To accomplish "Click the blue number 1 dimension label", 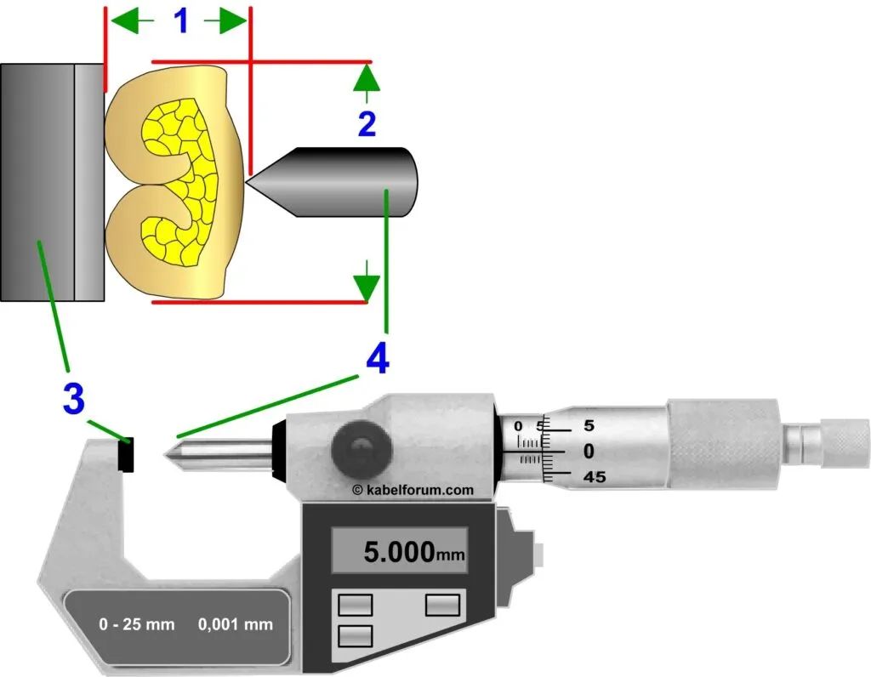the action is point(181,20).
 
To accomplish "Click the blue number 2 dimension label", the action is point(367,124).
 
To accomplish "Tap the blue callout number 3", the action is point(74,398).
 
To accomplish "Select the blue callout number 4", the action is point(378,358).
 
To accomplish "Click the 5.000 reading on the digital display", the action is point(399,551).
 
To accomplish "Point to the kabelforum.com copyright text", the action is point(413,490).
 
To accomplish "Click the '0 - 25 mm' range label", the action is point(137,624).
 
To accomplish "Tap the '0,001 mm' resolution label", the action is point(236,624).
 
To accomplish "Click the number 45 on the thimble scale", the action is point(595,477).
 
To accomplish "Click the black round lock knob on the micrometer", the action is point(361,451).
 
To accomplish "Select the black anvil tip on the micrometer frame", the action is point(126,454).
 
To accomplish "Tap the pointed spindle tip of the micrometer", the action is point(164,455).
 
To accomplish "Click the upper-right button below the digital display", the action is point(442,605).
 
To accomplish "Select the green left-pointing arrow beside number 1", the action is point(132,21).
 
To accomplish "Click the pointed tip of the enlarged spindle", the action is point(246,182).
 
